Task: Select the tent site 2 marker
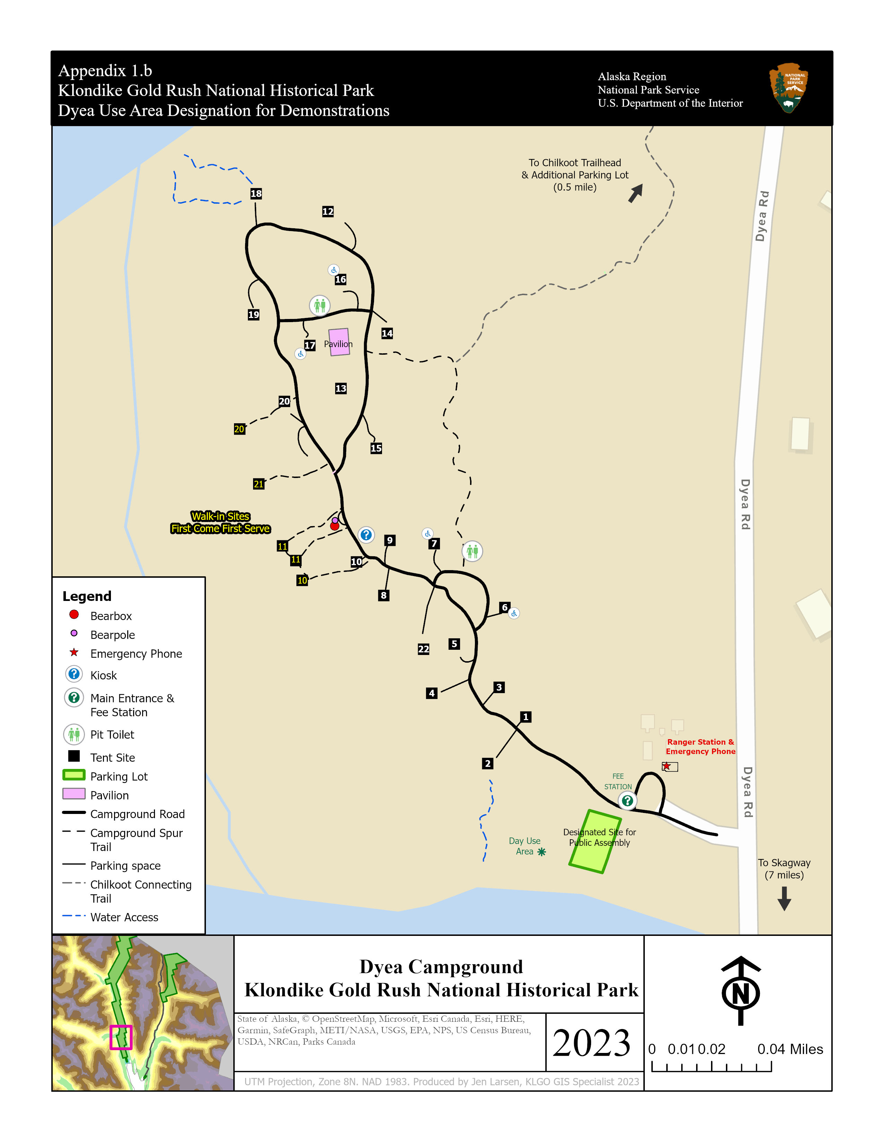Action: tap(487, 764)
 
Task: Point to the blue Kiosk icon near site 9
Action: tap(366, 535)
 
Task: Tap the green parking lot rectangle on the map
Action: tap(595, 841)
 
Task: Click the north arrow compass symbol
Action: tap(740, 991)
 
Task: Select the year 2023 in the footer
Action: tap(591, 1043)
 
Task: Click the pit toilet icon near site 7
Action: tap(472, 551)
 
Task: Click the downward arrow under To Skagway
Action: tap(784, 898)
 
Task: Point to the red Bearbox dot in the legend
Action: tap(74, 614)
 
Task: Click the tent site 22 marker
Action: tap(423, 649)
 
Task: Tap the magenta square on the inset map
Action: tap(121, 1037)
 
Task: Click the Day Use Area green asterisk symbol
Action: tap(541, 852)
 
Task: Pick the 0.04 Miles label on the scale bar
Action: tap(790, 1049)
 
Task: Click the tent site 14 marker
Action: tap(387, 333)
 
